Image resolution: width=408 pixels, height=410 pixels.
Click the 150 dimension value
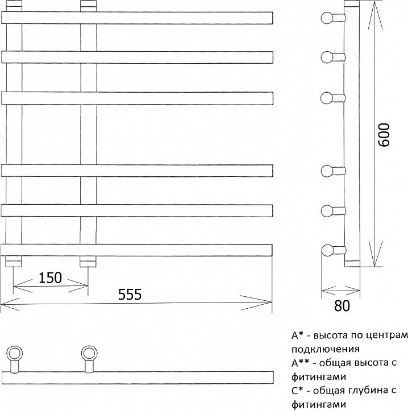[50, 278]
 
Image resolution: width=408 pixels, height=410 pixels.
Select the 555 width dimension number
[130, 294]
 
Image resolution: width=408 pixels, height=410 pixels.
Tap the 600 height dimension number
[384, 135]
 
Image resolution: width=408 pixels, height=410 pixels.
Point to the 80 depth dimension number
[342, 305]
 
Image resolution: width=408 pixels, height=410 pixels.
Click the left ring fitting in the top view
[14, 353]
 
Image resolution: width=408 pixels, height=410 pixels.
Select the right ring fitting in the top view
[89, 353]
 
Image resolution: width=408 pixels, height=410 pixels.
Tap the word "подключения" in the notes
[326, 349]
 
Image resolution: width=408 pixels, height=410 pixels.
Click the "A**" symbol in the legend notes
[300, 362]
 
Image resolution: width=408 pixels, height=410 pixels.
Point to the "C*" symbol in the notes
[297, 390]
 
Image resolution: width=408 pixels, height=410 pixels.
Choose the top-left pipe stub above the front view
[14, 6]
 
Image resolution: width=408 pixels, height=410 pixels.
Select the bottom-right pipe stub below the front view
[88, 261]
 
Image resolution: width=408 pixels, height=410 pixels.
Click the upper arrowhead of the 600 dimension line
[376, 15]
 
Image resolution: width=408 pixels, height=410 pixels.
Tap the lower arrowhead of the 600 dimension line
[376, 254]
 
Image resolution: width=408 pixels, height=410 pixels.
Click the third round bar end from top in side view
[327, 98]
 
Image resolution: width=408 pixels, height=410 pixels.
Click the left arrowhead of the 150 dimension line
[23, 285]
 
